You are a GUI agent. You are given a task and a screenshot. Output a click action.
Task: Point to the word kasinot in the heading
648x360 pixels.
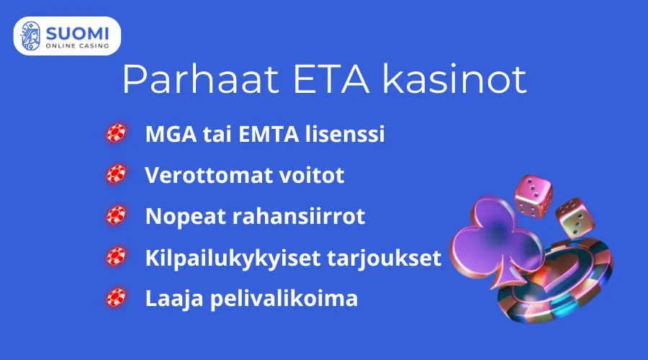(x=454, y=80)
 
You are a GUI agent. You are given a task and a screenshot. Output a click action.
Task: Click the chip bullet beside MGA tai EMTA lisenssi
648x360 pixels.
(x=116, y=133)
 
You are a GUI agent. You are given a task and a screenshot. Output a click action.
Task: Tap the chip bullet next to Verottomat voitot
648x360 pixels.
(x=116, y=174)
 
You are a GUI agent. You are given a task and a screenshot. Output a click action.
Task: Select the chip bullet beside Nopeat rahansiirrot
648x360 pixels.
(x=116, y=215)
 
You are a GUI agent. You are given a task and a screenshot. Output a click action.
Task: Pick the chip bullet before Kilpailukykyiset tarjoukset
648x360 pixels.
(x=116, y=256)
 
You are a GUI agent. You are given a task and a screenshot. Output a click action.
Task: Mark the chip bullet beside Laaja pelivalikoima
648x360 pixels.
(x=116, y=297)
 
